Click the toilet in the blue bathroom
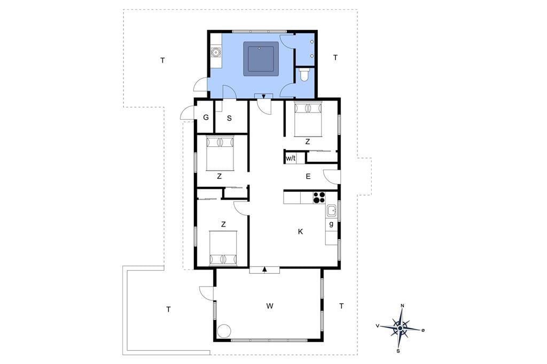[x=304, y=75]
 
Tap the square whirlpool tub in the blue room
[x=261, y=59]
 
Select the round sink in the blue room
[x=216, y=52]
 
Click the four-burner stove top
[x=318, y=197]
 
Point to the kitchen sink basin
[x=331, y=211]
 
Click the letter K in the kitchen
[x=300, y=232]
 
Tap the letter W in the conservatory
[x=270, y=306]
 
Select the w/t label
[x=291, y=159]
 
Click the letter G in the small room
[x=206, y=117]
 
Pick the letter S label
[x=229, y=118]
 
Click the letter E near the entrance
[x=308, y=177]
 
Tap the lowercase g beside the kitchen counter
[x=331, y=224]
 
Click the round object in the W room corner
[x=224, y=331]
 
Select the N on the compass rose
[x=403, y=306]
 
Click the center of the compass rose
[x=401, y=328]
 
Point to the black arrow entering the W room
[x=264, y=269]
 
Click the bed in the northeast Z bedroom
[x=308, y=119]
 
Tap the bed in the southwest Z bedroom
[x=223, y=248]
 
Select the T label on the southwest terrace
[x=168, y=309]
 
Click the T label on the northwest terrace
[x=162, y=60]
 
